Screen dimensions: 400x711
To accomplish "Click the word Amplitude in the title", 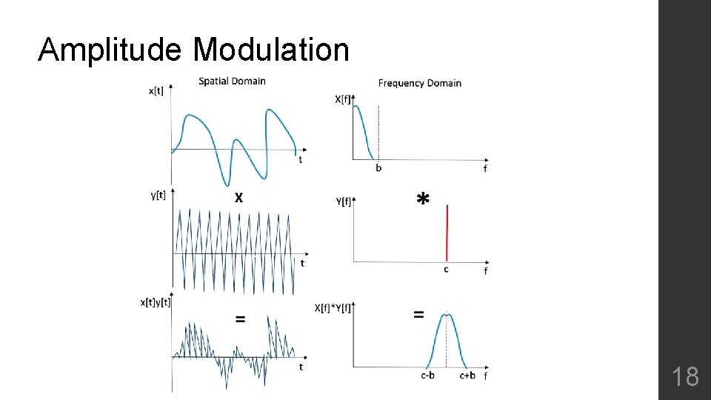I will pyautogui.click(x=110, y=50).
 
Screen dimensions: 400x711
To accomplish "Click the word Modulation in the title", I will pyautogui.click(x=271, y=50).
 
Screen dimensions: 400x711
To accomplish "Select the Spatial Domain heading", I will pyautogui.click(x=232, y=81).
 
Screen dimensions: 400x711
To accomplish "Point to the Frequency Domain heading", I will pyautogui.click(x=419, y=83).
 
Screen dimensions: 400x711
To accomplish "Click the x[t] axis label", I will pyautogui.click(x=156, y=91).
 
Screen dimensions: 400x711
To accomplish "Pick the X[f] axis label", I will pyautogui.click(x=344, y=99).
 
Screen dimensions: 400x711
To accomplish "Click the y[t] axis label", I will pyautogui.click(x=158, y=195).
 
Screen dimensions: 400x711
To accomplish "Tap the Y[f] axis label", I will pyautogui.click(x=344, y=201).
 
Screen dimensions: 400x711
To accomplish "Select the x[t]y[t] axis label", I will pyautogui.click(x=156, y=301).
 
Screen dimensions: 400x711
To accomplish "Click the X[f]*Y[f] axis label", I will pyautogui.click(x=333, y=307).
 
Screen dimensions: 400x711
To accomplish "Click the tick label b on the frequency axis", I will pyautogui.click(x=378, y=168).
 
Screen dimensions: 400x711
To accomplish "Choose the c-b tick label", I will pyautogui.click(x=427, y=376).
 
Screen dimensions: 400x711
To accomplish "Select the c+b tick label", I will pyautogui.click(x=467, y=376).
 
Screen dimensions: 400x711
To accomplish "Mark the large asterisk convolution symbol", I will pyautogui.click(x=422, y=199).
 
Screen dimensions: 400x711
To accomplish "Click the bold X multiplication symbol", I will pyautogui.click(x=238, y=198).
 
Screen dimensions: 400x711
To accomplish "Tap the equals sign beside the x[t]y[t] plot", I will pyautogui.click(x=240, y=319).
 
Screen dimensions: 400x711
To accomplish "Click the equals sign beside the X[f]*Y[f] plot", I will pyautogui.click(x=418, y=314).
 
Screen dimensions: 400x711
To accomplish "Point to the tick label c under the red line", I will pyautogui.click(x=446, y=270).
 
